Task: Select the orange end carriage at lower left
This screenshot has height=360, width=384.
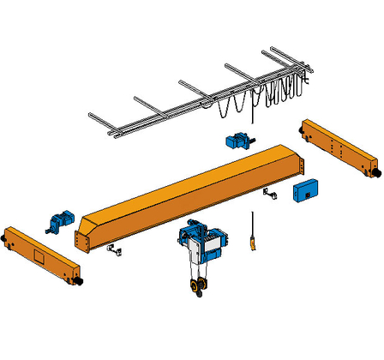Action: [x=39, y=255]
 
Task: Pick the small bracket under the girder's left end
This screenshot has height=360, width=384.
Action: [x=113, y=250]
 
